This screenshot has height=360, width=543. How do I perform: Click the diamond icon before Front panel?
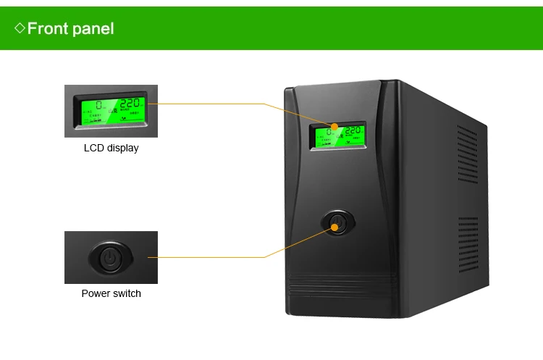20,29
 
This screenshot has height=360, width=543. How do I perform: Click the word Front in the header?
48,29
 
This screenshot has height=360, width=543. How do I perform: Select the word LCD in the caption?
94,148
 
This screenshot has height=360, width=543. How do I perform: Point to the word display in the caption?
122,148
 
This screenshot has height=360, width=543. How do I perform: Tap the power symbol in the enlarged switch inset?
111,258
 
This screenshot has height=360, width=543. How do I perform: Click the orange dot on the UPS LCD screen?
334,127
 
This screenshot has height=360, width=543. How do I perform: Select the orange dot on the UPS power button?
336,227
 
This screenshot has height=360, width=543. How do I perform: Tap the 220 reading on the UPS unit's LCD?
353,132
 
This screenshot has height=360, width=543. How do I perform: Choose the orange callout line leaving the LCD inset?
210,104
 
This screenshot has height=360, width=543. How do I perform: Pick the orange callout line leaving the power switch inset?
210,256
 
